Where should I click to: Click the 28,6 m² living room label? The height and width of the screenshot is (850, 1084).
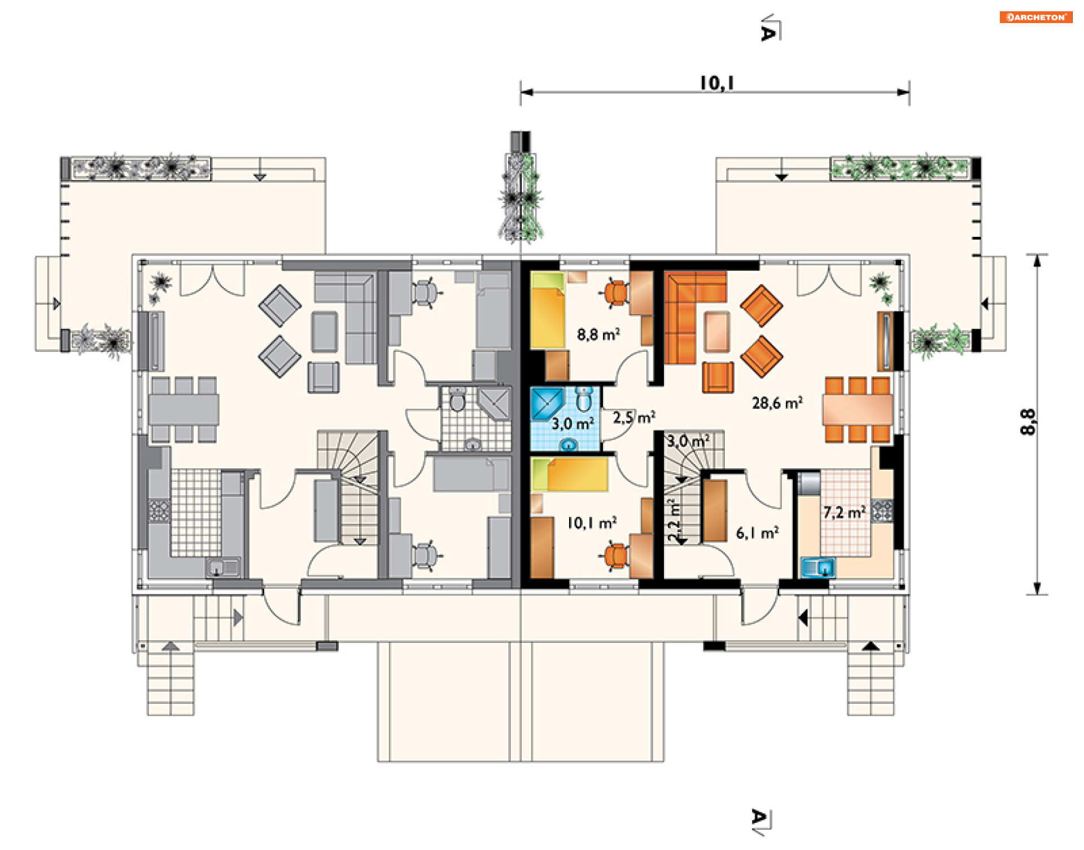[x=777, y=403]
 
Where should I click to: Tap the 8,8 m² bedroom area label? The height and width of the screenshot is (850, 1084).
[x=598, y=334]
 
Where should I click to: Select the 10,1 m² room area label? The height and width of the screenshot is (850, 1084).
[x=592, y=523]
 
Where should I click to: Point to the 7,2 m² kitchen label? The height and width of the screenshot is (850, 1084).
[x=844, y=512]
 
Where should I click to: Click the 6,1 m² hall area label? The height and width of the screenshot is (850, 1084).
[x=758, y=532]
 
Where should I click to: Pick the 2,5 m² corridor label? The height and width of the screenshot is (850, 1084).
[x=634, y=417]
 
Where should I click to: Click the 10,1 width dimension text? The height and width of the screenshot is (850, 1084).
[x=717, y=83]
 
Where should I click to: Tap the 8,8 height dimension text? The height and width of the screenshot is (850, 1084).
[x=1028, y=421]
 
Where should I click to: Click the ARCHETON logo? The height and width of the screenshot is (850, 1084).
[x=1036, y=17]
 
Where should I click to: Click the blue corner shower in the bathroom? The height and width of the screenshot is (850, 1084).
[x=547, y=403]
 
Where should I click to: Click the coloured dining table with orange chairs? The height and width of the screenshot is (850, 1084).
[x=857, y=409]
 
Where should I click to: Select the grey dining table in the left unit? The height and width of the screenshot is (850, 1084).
[x=184, y=409]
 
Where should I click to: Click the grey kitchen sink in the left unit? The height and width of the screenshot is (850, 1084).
[x=224, y=567]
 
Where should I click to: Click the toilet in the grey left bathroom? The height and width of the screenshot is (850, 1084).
[x=457, y=400]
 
